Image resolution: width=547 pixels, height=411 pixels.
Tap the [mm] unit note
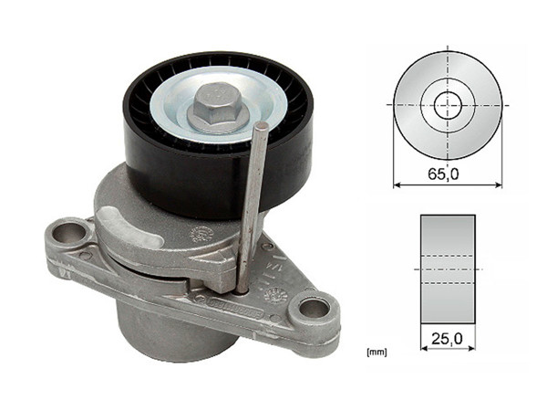point(376,350)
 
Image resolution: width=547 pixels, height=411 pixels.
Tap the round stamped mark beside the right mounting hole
point(275,294)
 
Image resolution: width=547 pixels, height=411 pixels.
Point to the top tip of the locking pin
point(262,126)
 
